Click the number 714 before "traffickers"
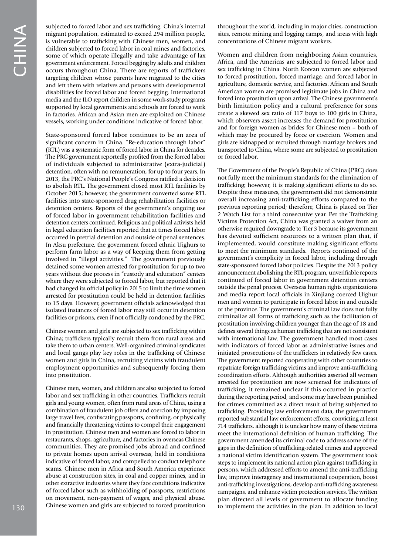click(223, 425)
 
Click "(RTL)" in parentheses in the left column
click(53, 149)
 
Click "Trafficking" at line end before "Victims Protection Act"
click(361, 214)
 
